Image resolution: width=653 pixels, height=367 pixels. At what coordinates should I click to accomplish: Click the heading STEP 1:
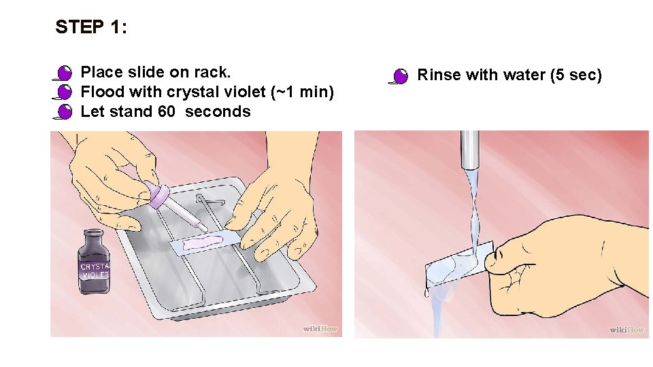(90, 27)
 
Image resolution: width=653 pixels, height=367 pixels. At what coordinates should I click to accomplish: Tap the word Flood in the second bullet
(100, 92)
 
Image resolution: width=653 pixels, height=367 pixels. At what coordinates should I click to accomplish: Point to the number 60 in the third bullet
(167, 111)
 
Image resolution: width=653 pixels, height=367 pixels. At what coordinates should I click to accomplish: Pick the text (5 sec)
(575, 75)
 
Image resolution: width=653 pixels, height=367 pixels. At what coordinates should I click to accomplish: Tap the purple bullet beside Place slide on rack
(65, 72)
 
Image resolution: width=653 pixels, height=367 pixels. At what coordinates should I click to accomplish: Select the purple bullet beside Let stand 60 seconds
(65, 111)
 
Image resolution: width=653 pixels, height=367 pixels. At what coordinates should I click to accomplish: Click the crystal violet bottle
(95, 261)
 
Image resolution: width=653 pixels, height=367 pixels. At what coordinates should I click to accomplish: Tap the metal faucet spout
(469, 149)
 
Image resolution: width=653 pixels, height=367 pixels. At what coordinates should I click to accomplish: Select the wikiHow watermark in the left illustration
(320, 329)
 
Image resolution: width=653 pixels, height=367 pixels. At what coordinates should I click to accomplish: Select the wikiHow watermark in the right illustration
(626, 330)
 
